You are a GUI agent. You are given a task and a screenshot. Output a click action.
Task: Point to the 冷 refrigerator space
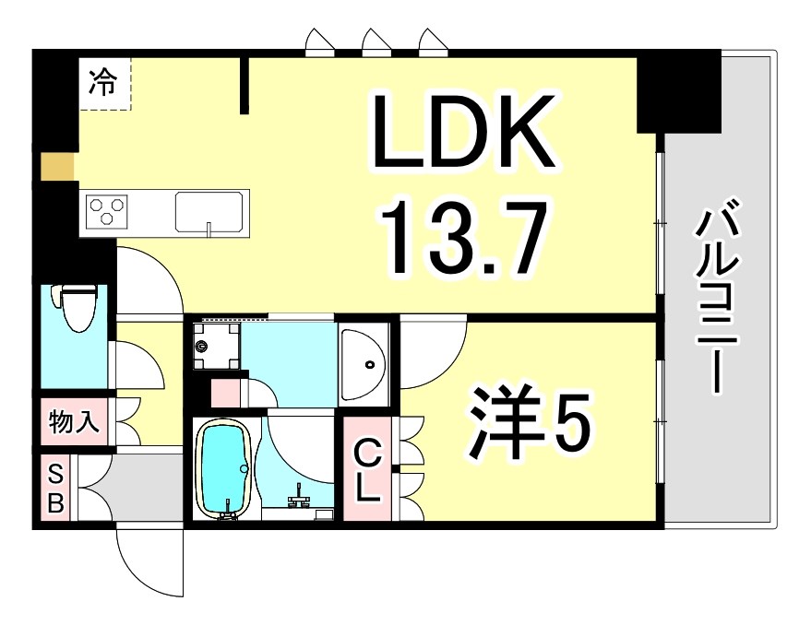[x=103, y=83]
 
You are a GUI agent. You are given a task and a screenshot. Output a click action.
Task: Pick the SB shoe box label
[x=56, y=489]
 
